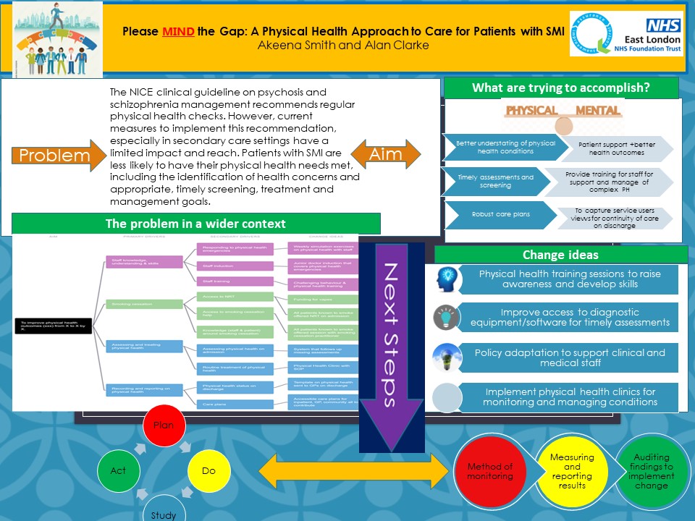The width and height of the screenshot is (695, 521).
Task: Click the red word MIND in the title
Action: click(178, 32)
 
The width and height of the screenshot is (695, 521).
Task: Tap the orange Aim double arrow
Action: click(386, 156)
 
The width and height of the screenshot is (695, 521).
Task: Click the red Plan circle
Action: click(164, 425)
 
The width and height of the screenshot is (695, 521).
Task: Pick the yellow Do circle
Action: click(208, 471)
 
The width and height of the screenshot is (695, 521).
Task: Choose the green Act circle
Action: click(118, 471)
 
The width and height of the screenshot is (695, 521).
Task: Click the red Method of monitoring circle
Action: click(489, 471)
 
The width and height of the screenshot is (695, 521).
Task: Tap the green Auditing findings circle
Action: click(651, 471)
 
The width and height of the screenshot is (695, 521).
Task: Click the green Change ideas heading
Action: click(560, 255)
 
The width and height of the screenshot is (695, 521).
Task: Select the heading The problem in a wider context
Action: click(195, 224)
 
